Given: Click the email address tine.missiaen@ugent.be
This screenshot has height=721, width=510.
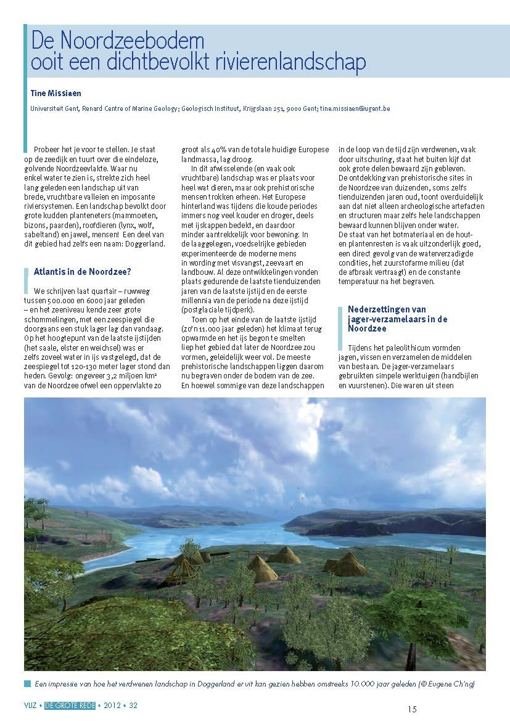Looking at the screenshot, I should pos(355,108).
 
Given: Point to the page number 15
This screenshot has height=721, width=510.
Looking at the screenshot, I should pos(412,710).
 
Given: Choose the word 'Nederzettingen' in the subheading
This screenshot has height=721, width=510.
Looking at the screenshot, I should pos(375,309).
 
